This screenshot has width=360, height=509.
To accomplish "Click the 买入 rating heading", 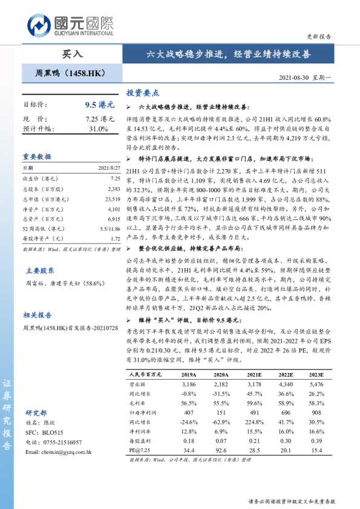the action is [72, 54].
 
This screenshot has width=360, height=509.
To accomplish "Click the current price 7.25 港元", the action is [100, 119].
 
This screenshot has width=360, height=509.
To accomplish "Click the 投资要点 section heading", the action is [143, 94].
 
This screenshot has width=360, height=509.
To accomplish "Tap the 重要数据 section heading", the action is [37, 156].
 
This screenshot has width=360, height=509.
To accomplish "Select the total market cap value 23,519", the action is [112, 199].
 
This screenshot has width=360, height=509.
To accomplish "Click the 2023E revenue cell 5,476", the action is [316, 384].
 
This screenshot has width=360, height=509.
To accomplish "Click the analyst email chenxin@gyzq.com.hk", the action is [59, 452].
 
